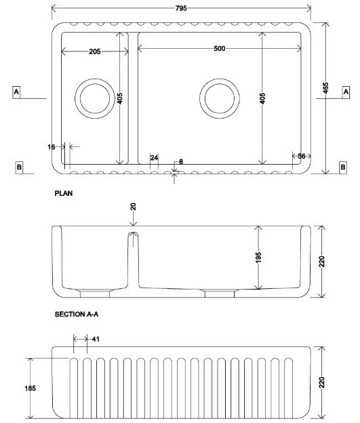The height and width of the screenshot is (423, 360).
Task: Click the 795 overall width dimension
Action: [181, 8]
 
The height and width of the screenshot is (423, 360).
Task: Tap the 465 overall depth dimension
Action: [325, 88]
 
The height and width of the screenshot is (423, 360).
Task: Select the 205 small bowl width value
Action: [95, 52]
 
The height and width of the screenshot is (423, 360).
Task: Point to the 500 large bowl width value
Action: [220, 49]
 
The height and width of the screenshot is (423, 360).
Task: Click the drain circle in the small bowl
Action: [95, 79]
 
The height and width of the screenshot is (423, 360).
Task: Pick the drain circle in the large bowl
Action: [220, 79]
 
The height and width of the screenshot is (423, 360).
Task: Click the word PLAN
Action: [64, 193]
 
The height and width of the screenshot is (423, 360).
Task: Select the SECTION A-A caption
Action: [77, 315]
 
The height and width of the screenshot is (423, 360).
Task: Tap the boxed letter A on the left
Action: [16, 92]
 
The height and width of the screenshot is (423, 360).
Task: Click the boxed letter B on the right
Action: [343, 167]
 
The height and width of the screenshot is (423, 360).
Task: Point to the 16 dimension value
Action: [51, 147]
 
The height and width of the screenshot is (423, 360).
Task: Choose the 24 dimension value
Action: [154, 158]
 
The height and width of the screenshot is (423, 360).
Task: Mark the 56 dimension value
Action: [302, 156]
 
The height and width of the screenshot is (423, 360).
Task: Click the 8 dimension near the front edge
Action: [181, 161]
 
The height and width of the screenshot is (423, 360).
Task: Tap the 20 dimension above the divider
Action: [133, 207]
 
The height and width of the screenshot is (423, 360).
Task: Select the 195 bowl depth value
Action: [258, 258]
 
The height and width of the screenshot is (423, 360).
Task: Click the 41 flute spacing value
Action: [96, 339]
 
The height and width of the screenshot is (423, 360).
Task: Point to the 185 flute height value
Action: [30, 388]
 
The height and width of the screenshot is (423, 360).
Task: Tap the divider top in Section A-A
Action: [133, 233]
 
